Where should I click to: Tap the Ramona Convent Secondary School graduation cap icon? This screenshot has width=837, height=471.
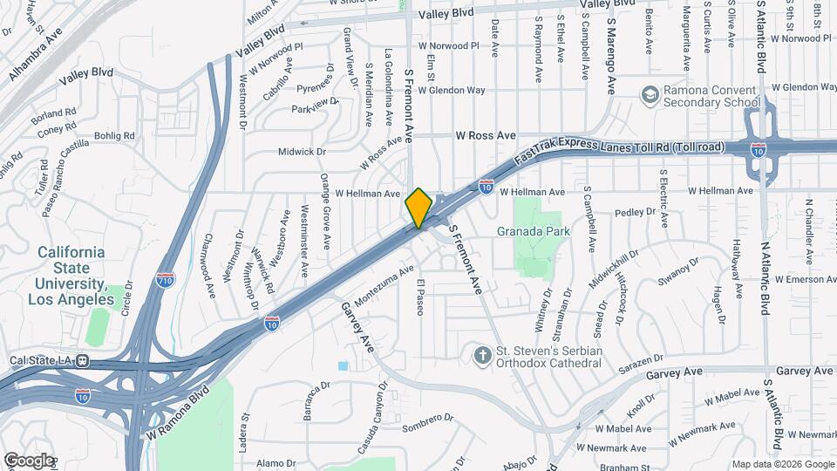click(x=650, y=92)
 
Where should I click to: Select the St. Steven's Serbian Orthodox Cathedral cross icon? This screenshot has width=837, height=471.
click(x=481, y=354)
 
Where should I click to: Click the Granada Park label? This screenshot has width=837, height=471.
click(x=533, y=231)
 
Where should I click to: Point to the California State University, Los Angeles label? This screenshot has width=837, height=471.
click(x=71, y=276)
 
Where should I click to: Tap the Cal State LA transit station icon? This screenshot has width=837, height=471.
click(x=81, y=360)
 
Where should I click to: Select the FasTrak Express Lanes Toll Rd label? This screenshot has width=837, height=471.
click(x=619, y=148)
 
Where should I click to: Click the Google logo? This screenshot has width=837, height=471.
click(x=28, y=461)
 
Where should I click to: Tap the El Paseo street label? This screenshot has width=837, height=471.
click(x=419, y=297)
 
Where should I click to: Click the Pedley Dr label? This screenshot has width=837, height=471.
click(x=634, y=212)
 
